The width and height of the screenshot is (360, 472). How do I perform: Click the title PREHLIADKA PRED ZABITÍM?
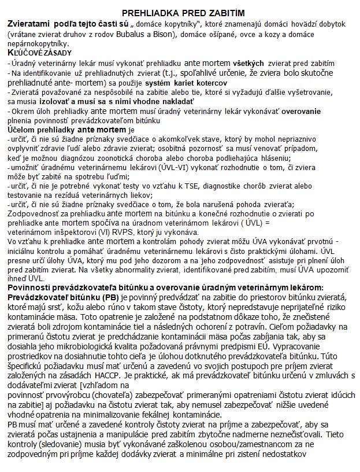click(x=180, y=13)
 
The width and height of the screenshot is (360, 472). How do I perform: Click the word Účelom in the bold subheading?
click(x=21, y=130)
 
